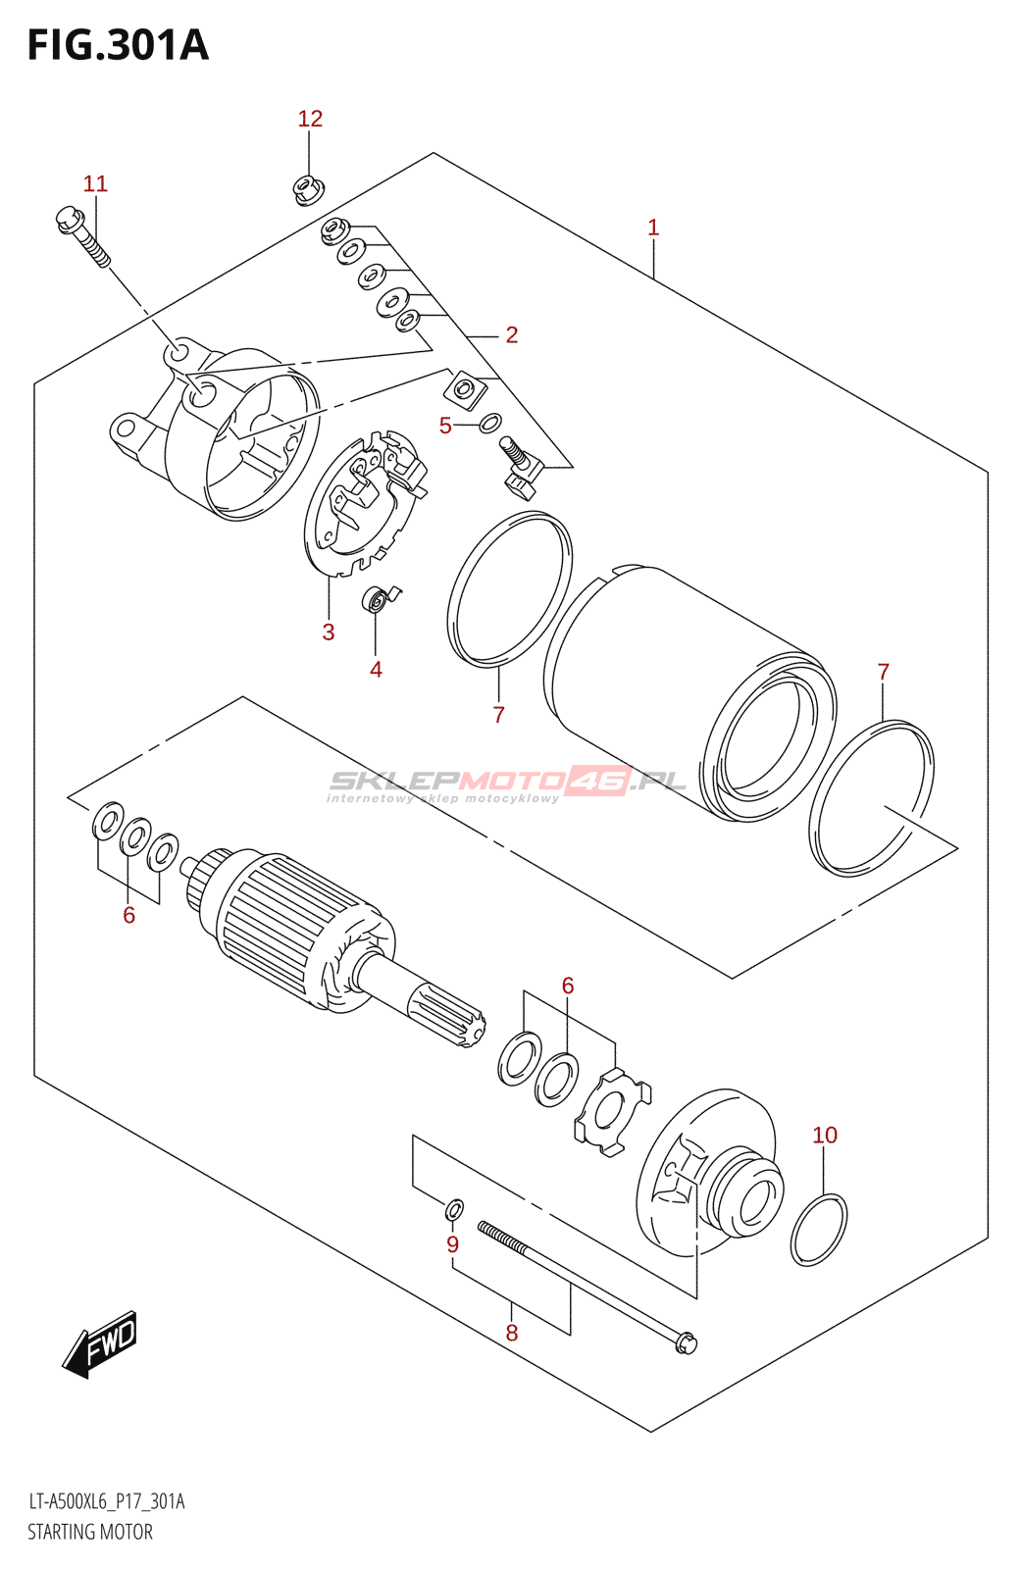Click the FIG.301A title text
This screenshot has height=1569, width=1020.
coord(118,45)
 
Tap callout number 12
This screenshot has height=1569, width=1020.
coord(310,119)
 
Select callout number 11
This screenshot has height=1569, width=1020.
coord(95,183)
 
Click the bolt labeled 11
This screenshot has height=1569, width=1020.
coord(82,235)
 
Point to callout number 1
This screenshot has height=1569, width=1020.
coord(653,228)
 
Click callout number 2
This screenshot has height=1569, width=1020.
coord(511,334)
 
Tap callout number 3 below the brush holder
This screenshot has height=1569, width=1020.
coord(329,633)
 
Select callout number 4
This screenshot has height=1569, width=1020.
coord(376,670)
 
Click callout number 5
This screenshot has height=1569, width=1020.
coord(445,426)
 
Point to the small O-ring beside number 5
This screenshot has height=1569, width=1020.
coord(490,424)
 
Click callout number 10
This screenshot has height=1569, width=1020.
coord(825,1135)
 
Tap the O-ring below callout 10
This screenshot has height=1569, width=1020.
coord(819,1229)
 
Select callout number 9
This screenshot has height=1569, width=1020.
coord(452,1244)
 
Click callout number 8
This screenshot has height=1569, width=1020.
coord(511,1333)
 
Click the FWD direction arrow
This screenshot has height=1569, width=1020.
coord(101,1343)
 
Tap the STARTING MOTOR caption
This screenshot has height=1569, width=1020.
coord(90,1532)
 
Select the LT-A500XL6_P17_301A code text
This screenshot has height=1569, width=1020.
coord(106,1501)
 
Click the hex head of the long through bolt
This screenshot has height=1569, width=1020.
coord(687,1341)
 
